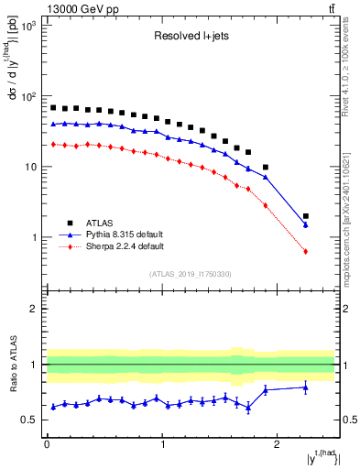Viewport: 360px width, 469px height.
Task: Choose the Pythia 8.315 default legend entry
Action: [x=118, y=234]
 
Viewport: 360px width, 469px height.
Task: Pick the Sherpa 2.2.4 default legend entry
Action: [x=118, y=246]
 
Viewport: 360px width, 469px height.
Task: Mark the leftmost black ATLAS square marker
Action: [x=53, y=108]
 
